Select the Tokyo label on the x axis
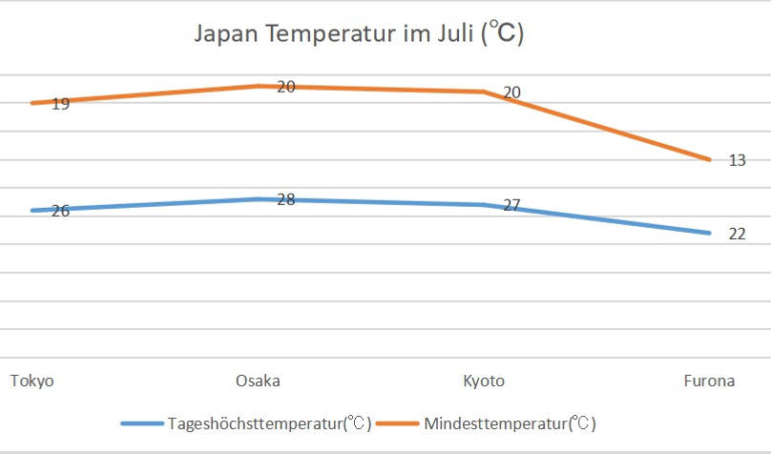coord(31,382)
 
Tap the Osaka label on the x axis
coord(258,382)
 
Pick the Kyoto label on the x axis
coord(484,382)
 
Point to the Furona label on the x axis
coord(709,382)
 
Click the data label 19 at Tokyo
coord(60,104)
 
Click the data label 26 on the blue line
coord(60,211)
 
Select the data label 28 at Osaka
coord(286,199)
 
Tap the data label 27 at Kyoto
coord(511,205)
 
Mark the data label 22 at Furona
coord(737,234)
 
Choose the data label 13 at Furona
coord(737,160)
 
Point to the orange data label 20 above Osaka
coord(286,87)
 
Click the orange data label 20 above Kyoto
coord(511,93)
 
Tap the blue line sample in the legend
coord(142,423)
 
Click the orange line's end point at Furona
coord(710,159)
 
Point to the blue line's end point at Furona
coord(710,233)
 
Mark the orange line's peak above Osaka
coord(258,86)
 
